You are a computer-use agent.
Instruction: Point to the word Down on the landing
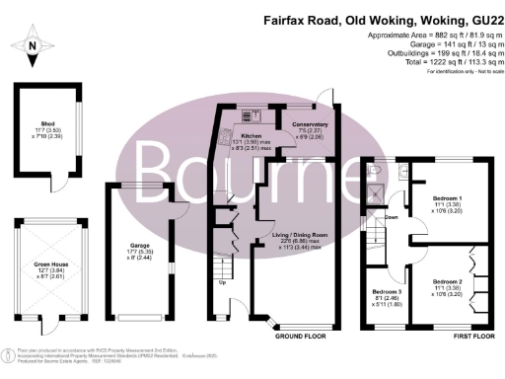pyautogui.click(x=392, y=217)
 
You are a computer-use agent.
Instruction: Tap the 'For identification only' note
pyautogui.click(x=459, y=71)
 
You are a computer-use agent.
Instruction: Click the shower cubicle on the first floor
pyautogui.click(x=373, y=191)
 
